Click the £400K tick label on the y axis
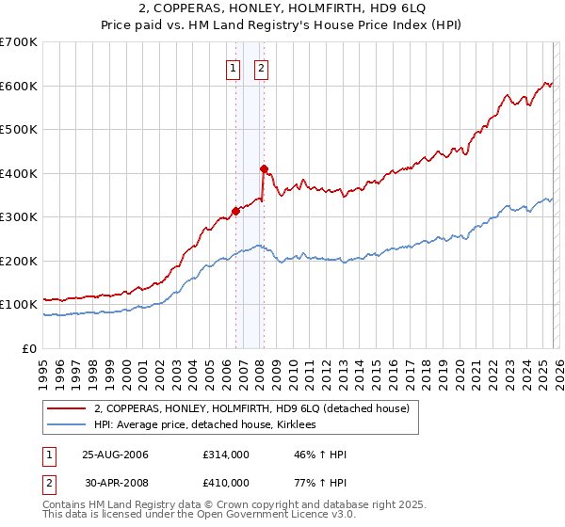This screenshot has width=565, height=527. [x=19, y=173]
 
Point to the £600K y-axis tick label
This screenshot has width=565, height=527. [x=19, y=86]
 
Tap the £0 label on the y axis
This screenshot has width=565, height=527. [x=30, y=348]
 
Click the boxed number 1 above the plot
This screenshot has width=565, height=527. [x=233, y=67]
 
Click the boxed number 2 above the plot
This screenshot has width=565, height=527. [x=261, y=67]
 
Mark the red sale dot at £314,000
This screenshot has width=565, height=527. [x=236, y=211]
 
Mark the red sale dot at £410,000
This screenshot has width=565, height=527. [x=265, y=169]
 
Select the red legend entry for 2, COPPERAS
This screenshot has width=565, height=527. [x=251, y=408]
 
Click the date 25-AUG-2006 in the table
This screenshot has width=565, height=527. [x=116, y=455]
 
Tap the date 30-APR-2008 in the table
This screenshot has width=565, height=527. [x=116, y=482]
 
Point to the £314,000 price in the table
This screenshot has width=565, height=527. [x=226, y=455]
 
